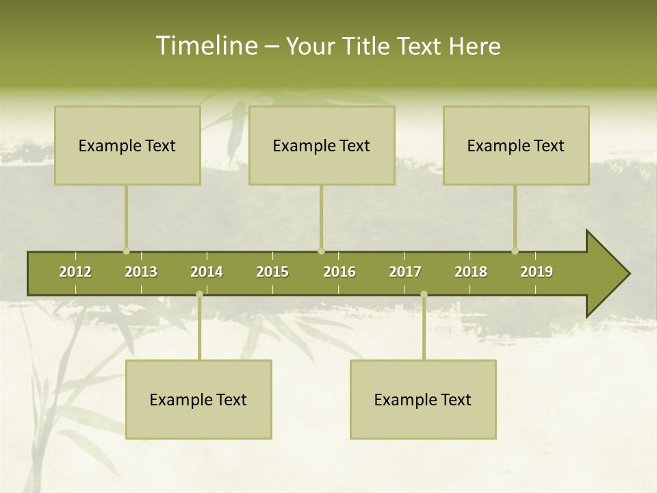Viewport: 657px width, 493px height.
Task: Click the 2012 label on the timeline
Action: [x=75, y=272]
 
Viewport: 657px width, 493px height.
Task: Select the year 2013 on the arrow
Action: [x=141, y=272]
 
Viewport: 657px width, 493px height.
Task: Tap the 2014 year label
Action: [x=207, y=272]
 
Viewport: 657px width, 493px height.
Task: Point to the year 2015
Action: [x=272, y=272]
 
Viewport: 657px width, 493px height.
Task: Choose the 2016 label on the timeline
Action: [x=339, y=272]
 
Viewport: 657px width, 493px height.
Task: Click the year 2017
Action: [x=405, y=272]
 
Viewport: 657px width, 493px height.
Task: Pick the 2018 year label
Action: [x=471, y=272]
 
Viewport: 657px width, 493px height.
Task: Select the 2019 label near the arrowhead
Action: [x=537, y=272]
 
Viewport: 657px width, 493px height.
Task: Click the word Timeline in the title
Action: [x=205, y=46]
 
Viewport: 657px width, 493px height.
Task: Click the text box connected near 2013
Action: [x=127, y=145]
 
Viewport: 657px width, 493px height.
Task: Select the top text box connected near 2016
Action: [x=322, y=145]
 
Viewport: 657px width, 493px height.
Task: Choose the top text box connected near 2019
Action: [x=516, y=145]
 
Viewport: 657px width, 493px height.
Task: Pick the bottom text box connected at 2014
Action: [x=198, y=399]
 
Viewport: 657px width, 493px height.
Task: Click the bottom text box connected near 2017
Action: [x=423, y=399]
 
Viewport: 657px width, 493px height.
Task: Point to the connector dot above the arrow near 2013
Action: [x=126, y=251]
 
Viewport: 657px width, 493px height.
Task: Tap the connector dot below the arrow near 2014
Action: [x=199, y=294]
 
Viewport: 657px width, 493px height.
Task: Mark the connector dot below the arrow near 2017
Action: [x=424, y=294]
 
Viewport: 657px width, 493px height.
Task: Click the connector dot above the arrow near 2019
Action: [x=515, y=251]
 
